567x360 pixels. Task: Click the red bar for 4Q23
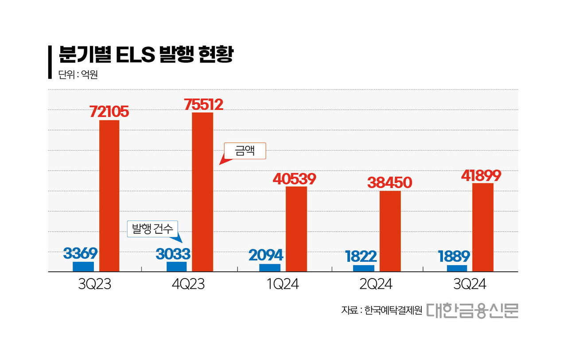pos(202,192)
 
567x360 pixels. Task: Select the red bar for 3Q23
pos(109,196)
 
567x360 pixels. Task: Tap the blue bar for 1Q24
pos(270,267)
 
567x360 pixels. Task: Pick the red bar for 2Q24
pos(390,231)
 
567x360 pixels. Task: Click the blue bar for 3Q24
pos(457,268)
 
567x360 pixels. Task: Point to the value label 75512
pos(203,104)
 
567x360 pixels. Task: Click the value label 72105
pos(109,112)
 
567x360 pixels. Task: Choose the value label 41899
pos(482,175)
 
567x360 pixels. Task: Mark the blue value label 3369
pos(80,253)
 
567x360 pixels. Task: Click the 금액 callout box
pos(245,151)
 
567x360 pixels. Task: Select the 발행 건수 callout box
pos(152,228)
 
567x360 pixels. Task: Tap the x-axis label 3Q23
pos(94,284)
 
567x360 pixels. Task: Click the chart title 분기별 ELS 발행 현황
pos(146,55)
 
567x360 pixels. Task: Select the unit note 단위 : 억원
pos(78,75)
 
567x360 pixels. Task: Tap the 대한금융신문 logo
pos(472,310)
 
